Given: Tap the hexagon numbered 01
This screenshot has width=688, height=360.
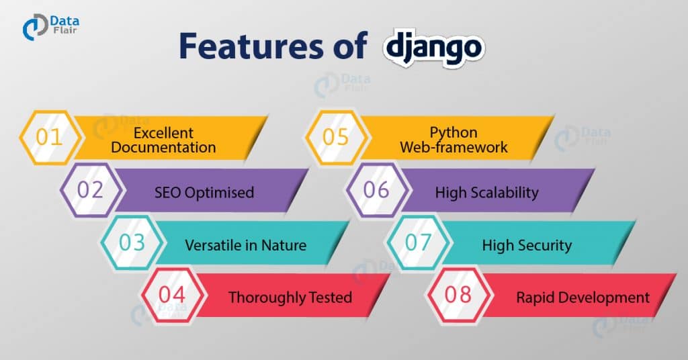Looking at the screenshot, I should pyautogui.click(x=49, y=138).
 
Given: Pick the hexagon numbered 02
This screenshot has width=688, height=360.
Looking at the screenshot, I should pyautogui.click(x=90, y=190).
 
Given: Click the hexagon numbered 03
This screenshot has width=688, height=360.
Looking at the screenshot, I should pyautogui.click(x=132, y=242).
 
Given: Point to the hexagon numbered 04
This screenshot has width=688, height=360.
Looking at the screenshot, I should pyautogui.click(x=172, y=295).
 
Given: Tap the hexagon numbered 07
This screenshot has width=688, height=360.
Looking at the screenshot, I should pyautogui.click(x=417, y=242).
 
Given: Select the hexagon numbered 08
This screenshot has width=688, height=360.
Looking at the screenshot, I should pyautogui.click(x=458, y=295).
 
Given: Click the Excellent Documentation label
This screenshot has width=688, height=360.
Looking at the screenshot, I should pyautogui.click(x=163, y=140).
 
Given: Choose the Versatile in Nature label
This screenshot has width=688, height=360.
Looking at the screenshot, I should pyautogui.click(x=245, y=245).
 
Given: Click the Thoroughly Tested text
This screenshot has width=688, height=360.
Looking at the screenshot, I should pyautogui.click(x=290, y=297).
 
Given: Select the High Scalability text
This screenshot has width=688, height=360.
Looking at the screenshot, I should pyautogui.click(x=486, y=193).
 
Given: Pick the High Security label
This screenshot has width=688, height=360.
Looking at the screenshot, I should pyautogui.click(x=527, y=245).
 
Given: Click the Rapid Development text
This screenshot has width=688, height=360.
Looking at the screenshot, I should pyautogui.click(x=583, y=297).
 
